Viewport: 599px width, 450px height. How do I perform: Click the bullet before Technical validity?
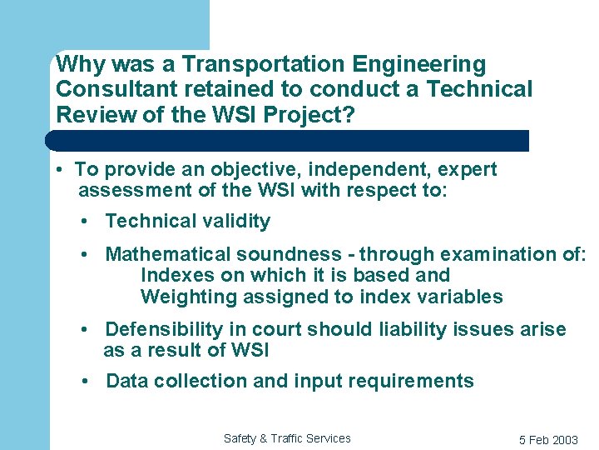point(86,221)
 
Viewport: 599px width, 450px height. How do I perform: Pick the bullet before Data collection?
point(86,382)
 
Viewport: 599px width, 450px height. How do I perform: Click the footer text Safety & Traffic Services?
point(287,438)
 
